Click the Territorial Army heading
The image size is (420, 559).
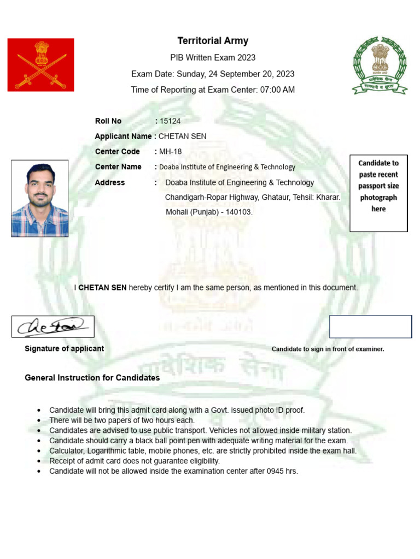(213, 41)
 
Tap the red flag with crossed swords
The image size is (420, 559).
(40, 64)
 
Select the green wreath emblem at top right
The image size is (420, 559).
(380, 66)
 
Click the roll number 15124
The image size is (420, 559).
(170, 121)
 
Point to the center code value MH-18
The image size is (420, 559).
(170, 151)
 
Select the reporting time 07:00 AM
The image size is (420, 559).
(277, 90)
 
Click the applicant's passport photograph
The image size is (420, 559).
(40, 198)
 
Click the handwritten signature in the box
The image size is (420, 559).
(52, 326)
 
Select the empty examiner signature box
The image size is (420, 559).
(370, 326)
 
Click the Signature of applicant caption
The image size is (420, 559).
(65, 348)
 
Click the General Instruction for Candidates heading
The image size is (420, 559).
(92, 378)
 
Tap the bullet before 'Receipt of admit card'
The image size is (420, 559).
(38, 461)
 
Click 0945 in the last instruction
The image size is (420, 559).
(274, 471)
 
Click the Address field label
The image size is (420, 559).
(110, 182)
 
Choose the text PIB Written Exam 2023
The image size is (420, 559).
(213, 57)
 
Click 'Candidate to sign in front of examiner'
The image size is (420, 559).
(328, 349)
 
